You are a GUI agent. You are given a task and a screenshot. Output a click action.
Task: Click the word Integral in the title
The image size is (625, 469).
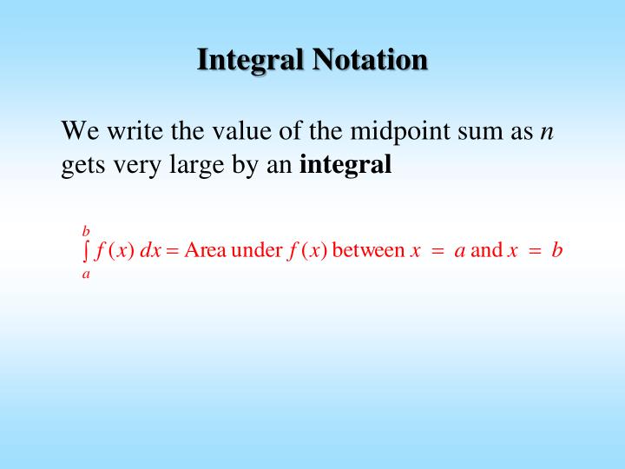click(x=250, y=60)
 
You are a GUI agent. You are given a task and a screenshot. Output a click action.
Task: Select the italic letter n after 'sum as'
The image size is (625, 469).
click(x=547, y=133)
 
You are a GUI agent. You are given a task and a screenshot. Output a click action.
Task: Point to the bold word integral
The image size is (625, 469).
click(x=345, y=164)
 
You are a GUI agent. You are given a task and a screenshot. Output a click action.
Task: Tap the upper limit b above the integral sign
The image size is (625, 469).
click(x=86, y=231)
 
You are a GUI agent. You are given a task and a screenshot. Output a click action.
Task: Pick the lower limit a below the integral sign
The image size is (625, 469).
click(x=86, y=274)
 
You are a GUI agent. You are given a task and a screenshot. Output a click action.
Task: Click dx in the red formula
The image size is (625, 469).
click(x=150, y=252)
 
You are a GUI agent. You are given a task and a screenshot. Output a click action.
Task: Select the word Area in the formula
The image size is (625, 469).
click(x=206, y=252)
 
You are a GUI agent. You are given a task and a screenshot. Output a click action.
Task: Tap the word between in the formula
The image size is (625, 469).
click(x=368, y=252)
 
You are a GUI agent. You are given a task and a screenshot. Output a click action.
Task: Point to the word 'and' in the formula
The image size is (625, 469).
click(x=486, y=252)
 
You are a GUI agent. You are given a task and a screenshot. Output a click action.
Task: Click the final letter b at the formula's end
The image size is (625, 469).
click(x=557, y=252)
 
